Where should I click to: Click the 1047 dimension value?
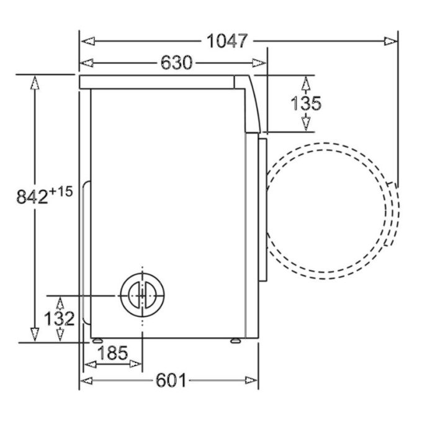pyautogui.click(x=227, y=41)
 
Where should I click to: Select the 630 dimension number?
pyautogui.click(x=176, y=63)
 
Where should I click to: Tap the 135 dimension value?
pyautogui.click(x=307, y=103)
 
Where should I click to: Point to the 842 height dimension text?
pyautogui.click(x=32, y=197)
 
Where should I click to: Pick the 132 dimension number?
pyautogui.click(x=60, y=319)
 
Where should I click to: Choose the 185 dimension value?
pyautogui.click(x=112, y=353)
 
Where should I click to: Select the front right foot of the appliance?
pyautogui.click(x=236, y=340)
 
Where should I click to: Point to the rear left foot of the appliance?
pyautogui.click(x=97, y=340)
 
